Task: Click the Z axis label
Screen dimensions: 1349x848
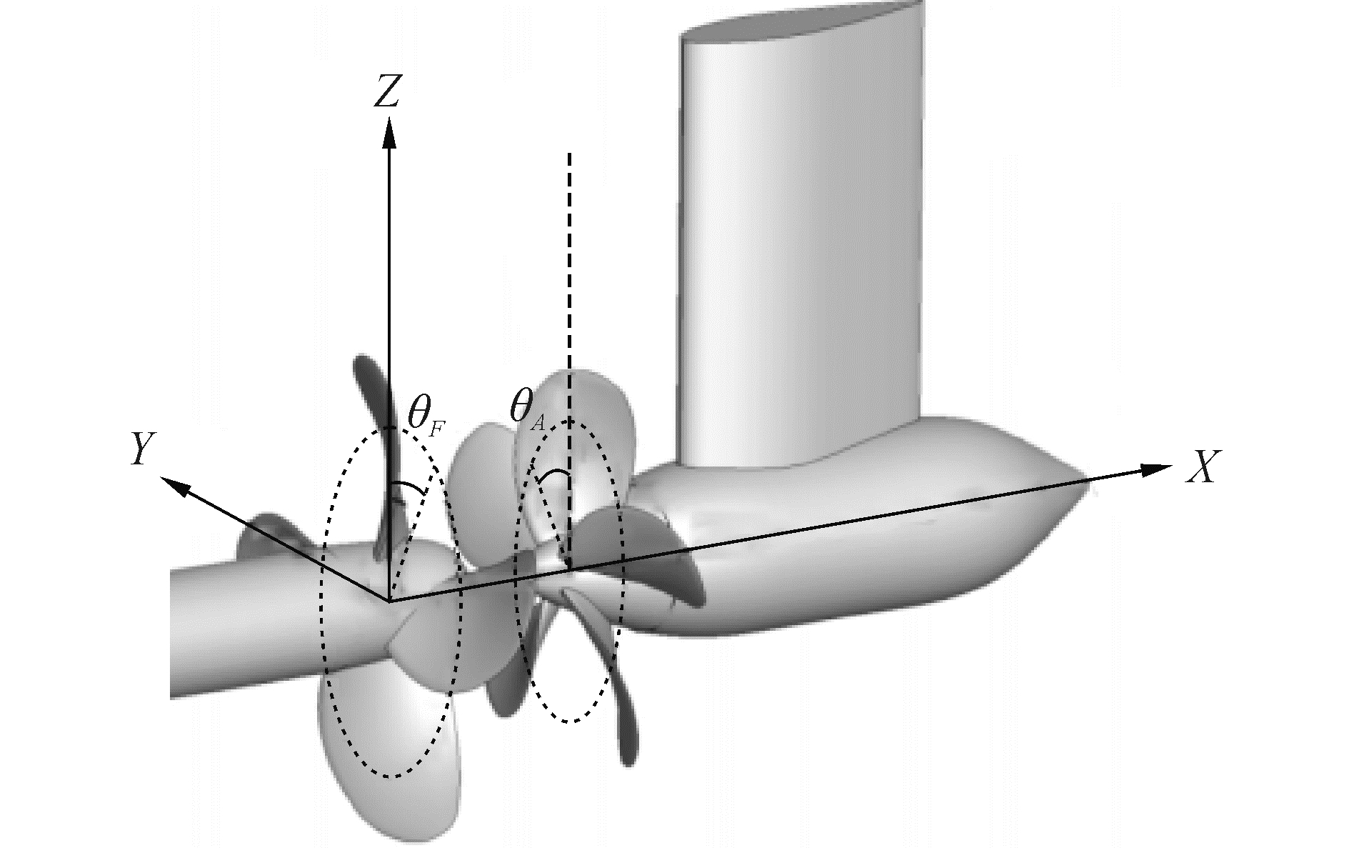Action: (386, 91)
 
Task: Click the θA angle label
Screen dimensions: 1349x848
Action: (527, 409)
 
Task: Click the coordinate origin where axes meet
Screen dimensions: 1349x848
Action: (389, 602)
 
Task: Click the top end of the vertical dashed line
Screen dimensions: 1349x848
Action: (569, 154)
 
